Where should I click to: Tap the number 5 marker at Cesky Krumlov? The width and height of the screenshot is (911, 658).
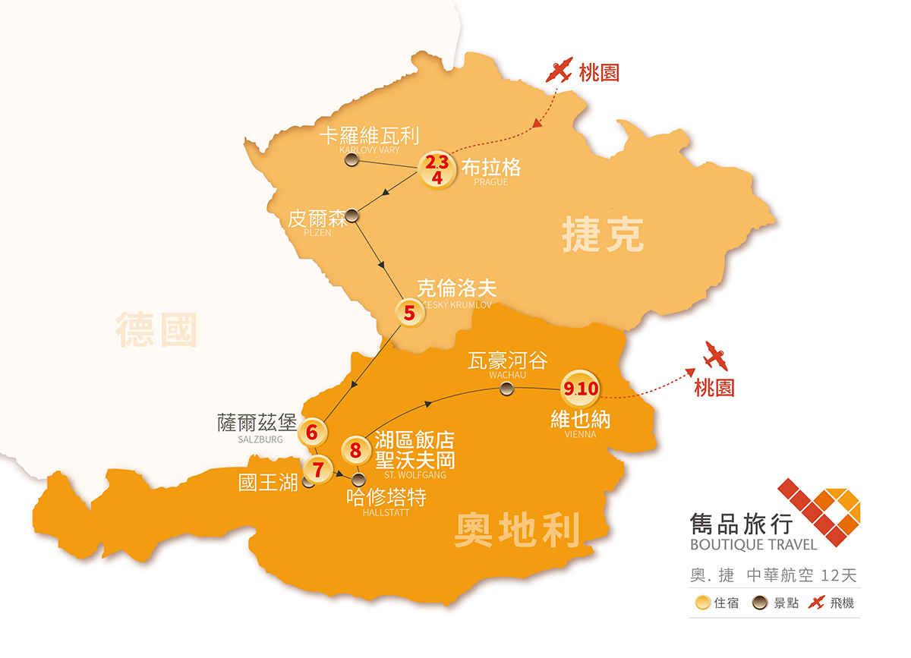(410, 312)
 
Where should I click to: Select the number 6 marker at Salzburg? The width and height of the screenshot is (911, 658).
(312, 432)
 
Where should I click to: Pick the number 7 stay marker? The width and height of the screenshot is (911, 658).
(317, 469)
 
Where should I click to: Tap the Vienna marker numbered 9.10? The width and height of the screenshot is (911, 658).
(581, 389)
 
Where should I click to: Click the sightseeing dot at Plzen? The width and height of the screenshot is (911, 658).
(351, 216)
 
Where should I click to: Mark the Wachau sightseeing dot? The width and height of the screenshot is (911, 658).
(506, 389)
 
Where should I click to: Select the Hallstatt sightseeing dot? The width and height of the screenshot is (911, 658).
(360, 479)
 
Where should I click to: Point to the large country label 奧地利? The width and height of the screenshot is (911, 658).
(517, 529)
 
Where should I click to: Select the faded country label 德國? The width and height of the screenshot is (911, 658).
(156, 330)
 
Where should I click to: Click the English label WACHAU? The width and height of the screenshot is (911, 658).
(508, 375)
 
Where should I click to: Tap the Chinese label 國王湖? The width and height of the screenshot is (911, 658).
(268, 483)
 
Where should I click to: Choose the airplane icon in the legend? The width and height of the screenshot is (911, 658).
(816, 604)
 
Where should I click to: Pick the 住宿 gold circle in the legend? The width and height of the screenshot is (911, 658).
(703, 604)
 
